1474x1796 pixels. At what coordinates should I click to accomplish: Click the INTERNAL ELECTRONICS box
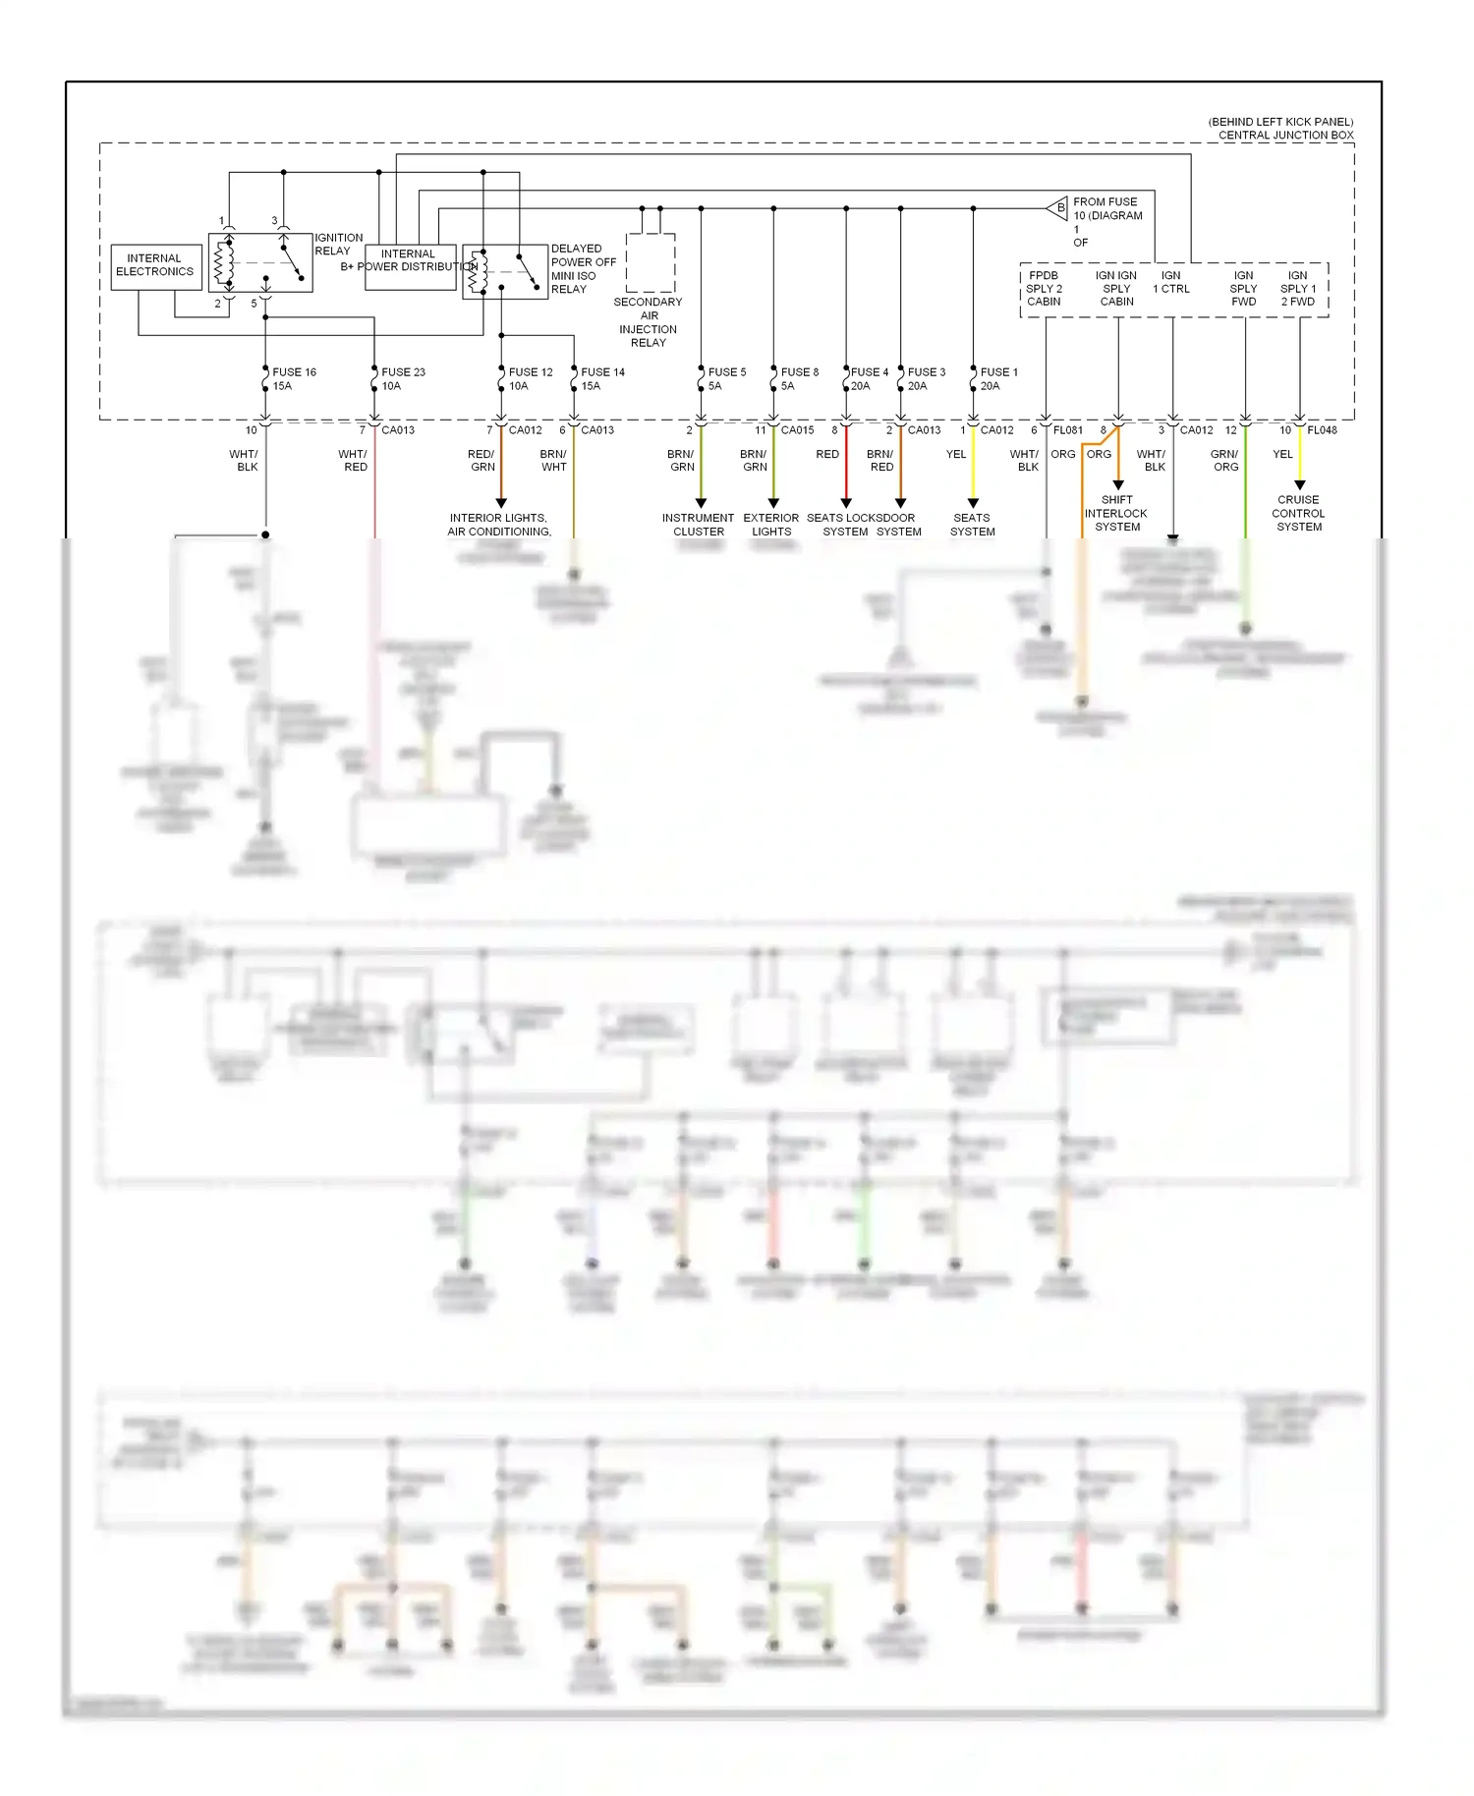tap(155, 266)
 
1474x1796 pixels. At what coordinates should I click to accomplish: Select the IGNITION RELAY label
tap(338, 245)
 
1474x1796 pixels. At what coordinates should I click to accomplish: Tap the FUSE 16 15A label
tap(293, 379)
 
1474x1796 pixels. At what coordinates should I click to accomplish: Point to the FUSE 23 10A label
tap(402, 379)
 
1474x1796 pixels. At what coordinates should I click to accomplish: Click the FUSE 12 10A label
tap(530, 379)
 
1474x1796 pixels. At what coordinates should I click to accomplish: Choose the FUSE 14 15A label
tap(601, 379)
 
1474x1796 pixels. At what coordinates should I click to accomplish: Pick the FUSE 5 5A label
tap(726, 379)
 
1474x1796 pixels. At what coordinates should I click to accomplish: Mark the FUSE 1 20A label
tap(998, 379)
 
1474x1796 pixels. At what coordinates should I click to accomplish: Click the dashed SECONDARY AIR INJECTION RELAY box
tap(651, 261)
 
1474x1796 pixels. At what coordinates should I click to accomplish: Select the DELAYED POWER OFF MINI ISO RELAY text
tap(583, 269)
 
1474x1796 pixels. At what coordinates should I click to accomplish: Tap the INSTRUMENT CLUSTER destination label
tap(698, 525)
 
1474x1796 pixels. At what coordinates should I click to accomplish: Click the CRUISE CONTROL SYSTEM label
tap(1298, 513)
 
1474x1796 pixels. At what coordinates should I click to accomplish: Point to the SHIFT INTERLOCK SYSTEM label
tap(1116, 513)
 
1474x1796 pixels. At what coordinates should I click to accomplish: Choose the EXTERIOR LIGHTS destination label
tap(771, 525)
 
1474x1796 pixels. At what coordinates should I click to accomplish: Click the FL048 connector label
tap(1322, 430)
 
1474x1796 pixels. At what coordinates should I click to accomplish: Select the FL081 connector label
tap(1067, 430)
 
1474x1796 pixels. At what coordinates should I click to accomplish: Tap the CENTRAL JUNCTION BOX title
tap(1285, 136)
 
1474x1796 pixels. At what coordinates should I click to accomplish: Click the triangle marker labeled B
tap(1058, 208)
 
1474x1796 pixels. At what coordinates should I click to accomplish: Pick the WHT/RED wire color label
tap(353, 461)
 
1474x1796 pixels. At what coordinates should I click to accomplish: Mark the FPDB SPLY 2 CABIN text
tap(1044, 289)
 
